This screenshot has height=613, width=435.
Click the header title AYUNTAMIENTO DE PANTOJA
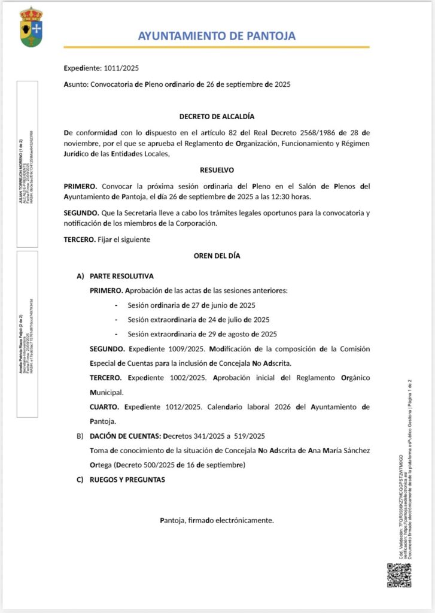coord(217,36)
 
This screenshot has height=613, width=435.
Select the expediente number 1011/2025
coord(121,68)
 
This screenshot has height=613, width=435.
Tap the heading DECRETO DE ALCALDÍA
coord(217,116)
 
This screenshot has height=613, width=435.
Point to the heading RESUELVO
coord(217,170)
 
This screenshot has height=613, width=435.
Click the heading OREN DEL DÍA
coord(217,256)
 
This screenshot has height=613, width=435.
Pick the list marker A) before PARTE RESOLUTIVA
coord(80,277)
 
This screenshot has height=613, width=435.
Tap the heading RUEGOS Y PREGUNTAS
coord(127,480)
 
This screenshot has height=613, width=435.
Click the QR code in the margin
coord(399,575)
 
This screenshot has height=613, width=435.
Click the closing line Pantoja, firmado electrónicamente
coord(217,520)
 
